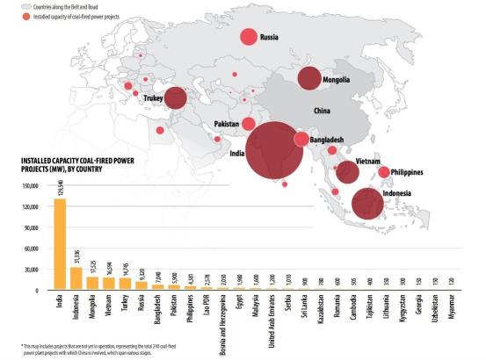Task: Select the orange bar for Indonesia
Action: (x=76, y=277)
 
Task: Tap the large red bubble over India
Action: (x=280, y=151)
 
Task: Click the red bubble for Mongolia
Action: (x=309, y=78)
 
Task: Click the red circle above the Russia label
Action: (x=249, y=38)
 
